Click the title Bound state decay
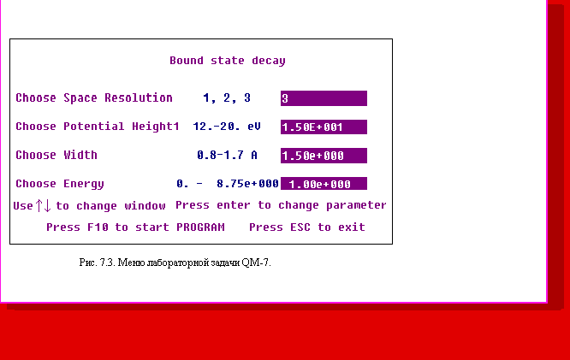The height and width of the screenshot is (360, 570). point(228,61)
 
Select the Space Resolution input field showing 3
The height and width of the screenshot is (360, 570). point(324,98)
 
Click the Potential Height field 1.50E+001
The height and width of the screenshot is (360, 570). point(324,127)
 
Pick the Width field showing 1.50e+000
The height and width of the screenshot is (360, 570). point(324,156)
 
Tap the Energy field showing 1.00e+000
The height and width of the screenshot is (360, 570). point(324,184)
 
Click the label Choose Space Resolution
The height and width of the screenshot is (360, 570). point(94,97)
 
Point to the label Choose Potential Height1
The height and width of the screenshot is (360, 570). point(98,127)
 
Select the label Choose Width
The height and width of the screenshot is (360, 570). point(56,155)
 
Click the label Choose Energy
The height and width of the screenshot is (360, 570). point(60,184)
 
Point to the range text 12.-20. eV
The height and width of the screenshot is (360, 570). point(227,127)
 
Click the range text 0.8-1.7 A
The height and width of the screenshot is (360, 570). point(227,155)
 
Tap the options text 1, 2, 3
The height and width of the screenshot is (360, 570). point(227,98)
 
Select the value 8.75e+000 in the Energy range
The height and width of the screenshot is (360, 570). point(247,184)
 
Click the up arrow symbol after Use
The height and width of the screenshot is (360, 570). point(39,205)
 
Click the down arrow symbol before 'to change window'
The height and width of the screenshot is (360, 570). point(47,205)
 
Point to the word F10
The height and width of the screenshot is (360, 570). point(98,227)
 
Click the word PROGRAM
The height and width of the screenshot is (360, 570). point(200,227)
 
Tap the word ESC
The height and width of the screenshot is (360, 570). point(300,227)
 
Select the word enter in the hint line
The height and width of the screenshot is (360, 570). point(234,205)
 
